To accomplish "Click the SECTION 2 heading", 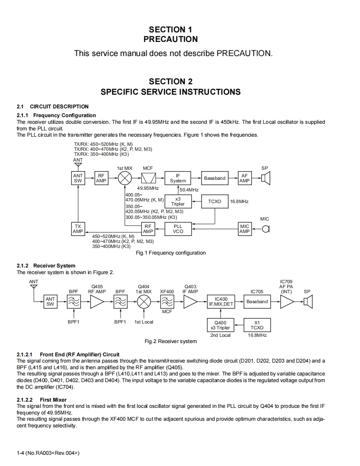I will pyautogui.click(x=170, y=81).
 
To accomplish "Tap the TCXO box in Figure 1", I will pyautogui.click(x=215, y=201).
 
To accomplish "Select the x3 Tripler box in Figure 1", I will pyautogui.click(x=178, y=201).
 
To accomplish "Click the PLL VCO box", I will pyautogui.click(x=178, y=229).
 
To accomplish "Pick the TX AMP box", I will pyautogui.click(x=78, y=229).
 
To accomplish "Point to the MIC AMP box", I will pyautogui.click(x=244, y=229).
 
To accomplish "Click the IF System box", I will pyautogui.click(x=178, y=178).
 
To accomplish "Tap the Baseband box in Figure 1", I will pyautogui.click(x=215, y=178).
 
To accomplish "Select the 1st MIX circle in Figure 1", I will pyautogui.click(x=125, y=178).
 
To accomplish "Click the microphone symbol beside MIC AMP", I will pyautogui.click(x=266, y=229).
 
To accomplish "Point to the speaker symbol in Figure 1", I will pyautogui.click(x=266, y=178).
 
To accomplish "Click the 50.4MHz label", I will pyautogui.click(x=189, y=190).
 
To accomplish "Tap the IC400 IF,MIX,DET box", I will pyautogui.click(x=221, y=302).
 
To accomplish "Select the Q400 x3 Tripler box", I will pyautogui.click(x=220, y=325).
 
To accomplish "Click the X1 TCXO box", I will pyautogui.click(x=257, y=325).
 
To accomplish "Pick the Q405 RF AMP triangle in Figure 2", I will pyautogui.click(x=97, y=302).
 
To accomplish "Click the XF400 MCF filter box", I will pyautogui.click(x=167, y=302).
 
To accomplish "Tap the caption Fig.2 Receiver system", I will pyautogui.click(x=170, y=341).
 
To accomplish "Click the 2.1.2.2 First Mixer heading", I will pyautogui.click(x=42, y=400).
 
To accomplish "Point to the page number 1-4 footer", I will pyautogui.click(x=48, y=453).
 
